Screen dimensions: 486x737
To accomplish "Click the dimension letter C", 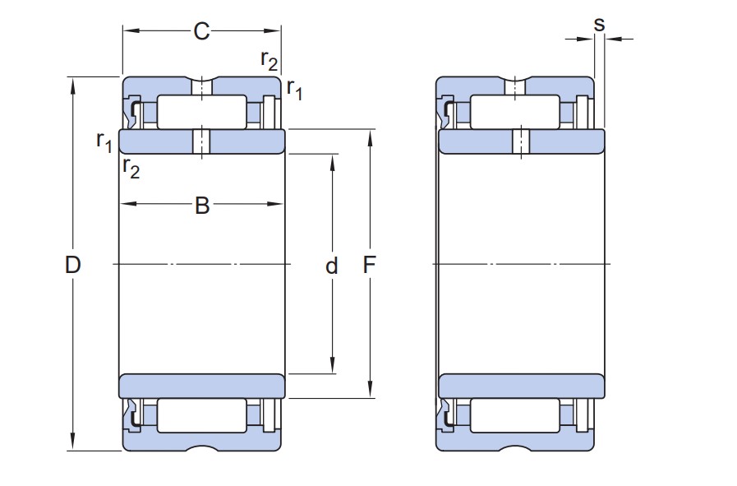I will [x=201, y=32].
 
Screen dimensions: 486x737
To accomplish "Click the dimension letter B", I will [x=202, y=206].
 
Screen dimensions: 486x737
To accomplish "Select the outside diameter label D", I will [x=73, y=265].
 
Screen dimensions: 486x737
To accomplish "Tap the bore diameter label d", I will [x=332, y=266].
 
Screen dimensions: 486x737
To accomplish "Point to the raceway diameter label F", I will [x=370, y=265].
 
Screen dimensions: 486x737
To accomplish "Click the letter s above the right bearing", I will [x=599, y=24].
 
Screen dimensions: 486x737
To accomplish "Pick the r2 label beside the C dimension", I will [x=269, y=59].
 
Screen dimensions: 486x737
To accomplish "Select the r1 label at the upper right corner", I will [x=294, y=90].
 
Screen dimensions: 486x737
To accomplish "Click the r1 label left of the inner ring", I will [x=104, y=141].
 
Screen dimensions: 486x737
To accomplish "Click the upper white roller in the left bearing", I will [x=201, y=112].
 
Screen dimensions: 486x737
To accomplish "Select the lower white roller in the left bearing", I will [x=201, y=416].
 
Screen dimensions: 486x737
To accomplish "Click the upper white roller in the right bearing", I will [x=514, y=112].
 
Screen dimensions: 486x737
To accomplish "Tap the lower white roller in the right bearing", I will [x=514, y=416].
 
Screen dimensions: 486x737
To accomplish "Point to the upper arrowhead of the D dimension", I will [x=74, y=82].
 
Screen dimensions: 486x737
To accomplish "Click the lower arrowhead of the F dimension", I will [x=370, y=391].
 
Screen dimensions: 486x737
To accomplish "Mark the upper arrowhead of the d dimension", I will [x=332, y=160].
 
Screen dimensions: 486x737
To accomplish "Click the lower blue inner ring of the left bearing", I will [x=202, y=386].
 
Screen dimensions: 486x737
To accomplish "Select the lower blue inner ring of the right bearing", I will [x=521, y=386].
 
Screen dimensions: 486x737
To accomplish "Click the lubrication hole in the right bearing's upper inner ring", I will [x=521, y=141].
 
